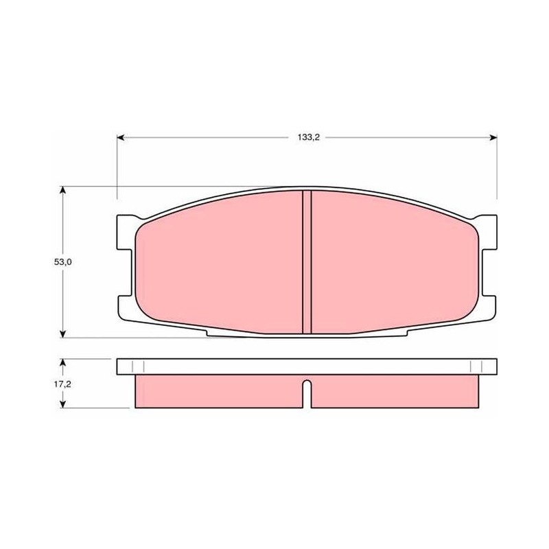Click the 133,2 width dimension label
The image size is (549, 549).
(309, 137)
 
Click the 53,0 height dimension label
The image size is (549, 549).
(62, 262)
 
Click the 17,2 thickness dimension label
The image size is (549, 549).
(62, 384)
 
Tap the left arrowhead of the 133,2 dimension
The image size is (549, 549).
(121, 137)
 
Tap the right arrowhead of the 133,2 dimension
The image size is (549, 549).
(493, 137)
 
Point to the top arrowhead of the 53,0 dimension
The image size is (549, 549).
(62, 190)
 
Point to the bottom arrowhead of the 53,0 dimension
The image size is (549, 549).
(62, 334)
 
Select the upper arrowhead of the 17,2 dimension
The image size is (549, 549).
(62, 362)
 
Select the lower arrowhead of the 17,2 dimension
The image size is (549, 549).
(62, 404)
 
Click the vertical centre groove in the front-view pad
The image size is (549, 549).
(307, 262)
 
